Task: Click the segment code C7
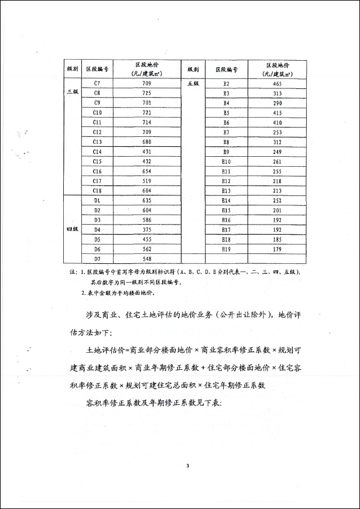tap(97, 84)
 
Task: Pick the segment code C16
tap(97, 171)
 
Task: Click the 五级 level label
tap(193, 84)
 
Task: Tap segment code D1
tap(97, 200)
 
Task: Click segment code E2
tap(226, 84)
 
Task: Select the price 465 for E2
tap(277, 84)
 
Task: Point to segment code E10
tap(226, 161)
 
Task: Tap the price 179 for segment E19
tap(277, 249)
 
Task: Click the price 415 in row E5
tap(277, 113)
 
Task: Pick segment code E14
tap(226, 200)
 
